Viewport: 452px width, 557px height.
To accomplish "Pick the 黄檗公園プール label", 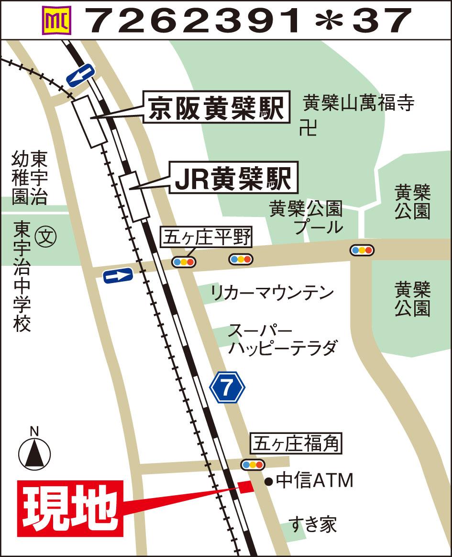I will [306, 217].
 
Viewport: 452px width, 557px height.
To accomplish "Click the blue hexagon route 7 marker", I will [227, 387].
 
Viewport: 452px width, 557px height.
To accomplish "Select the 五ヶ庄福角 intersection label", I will [297, 444].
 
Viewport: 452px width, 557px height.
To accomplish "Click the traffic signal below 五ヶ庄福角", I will [253, 464].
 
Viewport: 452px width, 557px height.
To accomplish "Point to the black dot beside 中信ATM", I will [268, 481].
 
